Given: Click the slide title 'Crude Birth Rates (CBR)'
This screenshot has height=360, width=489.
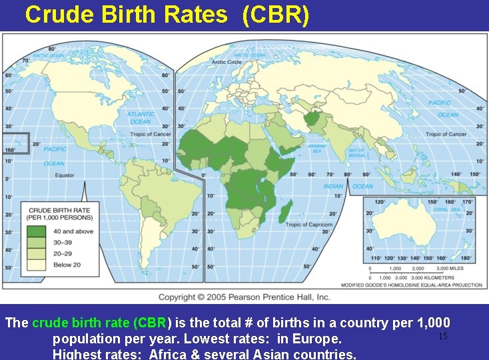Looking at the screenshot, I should pos(167,15).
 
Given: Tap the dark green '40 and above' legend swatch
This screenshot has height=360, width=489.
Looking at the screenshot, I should pos(36,231).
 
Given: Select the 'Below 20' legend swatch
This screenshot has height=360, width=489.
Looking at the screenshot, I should pos(36,264).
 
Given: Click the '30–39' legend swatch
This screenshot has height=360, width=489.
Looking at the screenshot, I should pos(36,242).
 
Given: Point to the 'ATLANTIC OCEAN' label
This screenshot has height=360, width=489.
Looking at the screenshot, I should pos(140,118).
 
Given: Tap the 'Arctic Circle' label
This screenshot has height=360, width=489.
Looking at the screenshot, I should pos(227,62).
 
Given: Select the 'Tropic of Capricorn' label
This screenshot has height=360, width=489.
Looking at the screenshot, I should pos(308,225).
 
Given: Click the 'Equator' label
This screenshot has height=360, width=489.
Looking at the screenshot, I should pos(65,175).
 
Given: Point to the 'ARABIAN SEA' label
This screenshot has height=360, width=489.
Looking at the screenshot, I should pos(316,149).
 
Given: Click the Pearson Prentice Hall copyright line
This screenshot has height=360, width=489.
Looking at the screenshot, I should pos(244,297).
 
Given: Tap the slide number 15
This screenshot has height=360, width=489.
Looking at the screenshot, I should pos(442,336).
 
